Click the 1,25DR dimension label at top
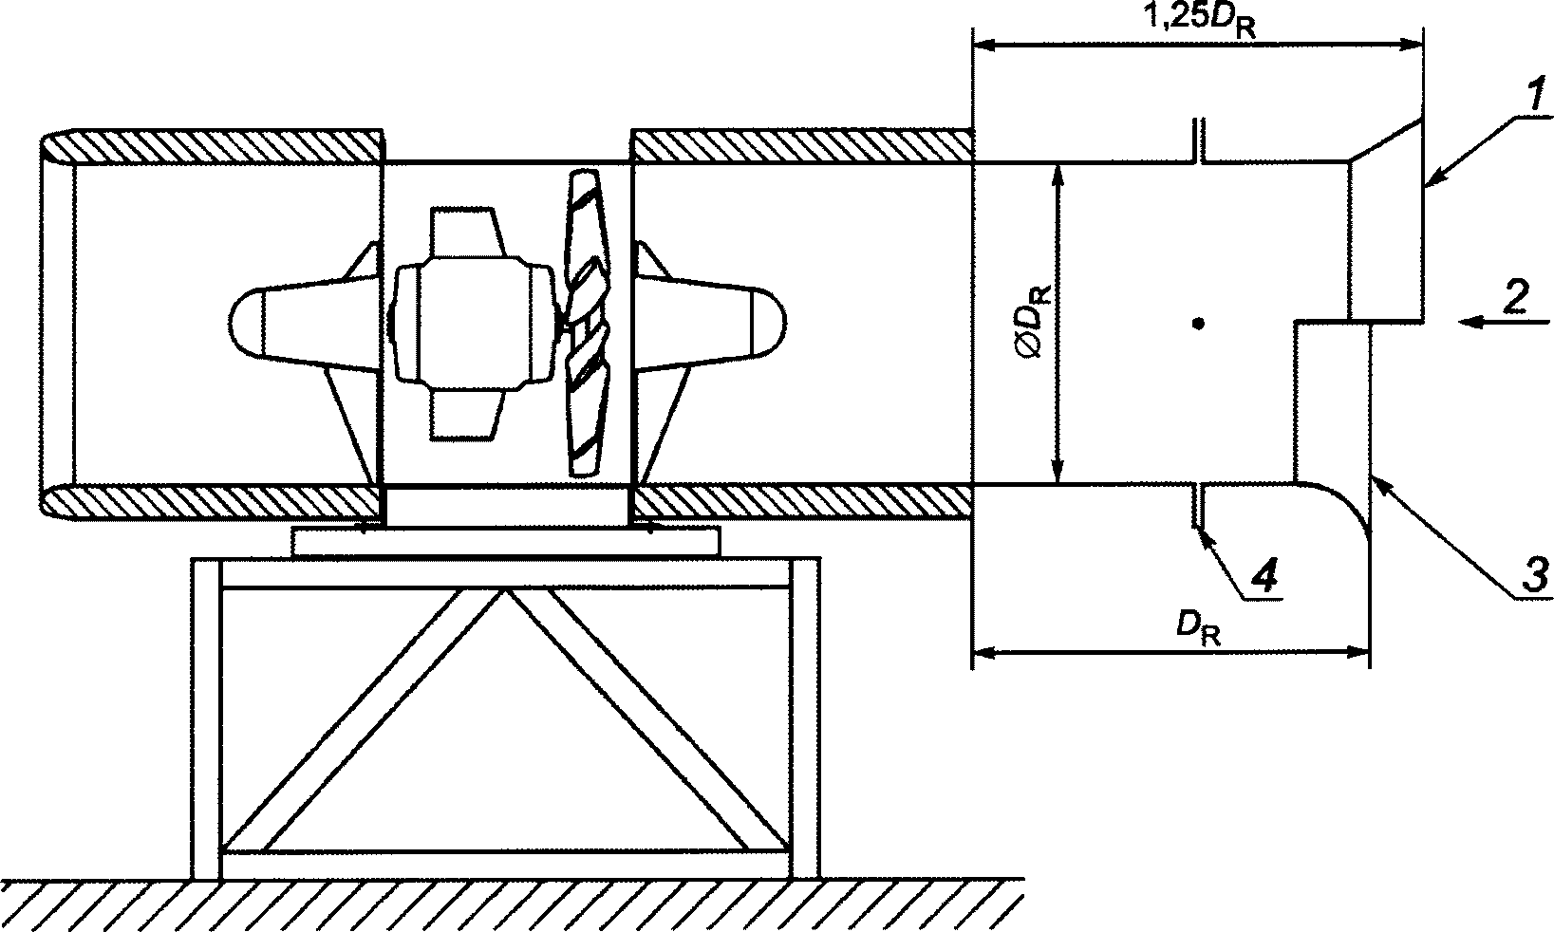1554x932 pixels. (1199, 18)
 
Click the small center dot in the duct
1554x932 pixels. (1198, 323)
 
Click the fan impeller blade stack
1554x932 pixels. (587, 323)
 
